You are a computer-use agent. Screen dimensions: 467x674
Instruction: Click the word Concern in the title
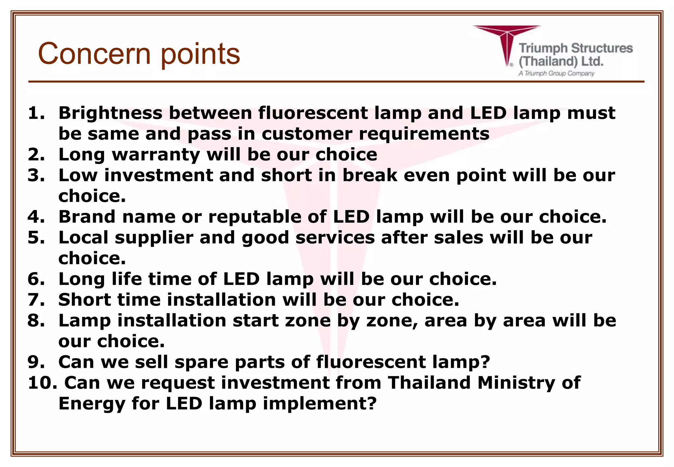coord(94,54)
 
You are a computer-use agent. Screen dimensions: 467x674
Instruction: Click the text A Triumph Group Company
coord(556,73)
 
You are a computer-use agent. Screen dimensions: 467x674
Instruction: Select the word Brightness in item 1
coord(110,113)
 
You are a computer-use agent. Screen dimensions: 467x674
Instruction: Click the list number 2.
coord(36,154)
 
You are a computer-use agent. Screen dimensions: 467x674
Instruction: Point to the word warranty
coord(156,155)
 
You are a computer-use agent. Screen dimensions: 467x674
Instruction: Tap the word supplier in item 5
coord(154,238)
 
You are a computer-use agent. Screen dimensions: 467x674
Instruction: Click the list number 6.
coord(36,279)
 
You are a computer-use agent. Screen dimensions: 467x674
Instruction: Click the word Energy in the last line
coord(92,404)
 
